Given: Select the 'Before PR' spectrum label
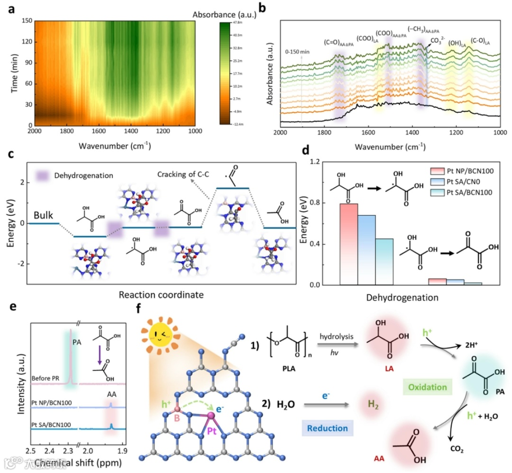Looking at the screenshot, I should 47,379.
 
